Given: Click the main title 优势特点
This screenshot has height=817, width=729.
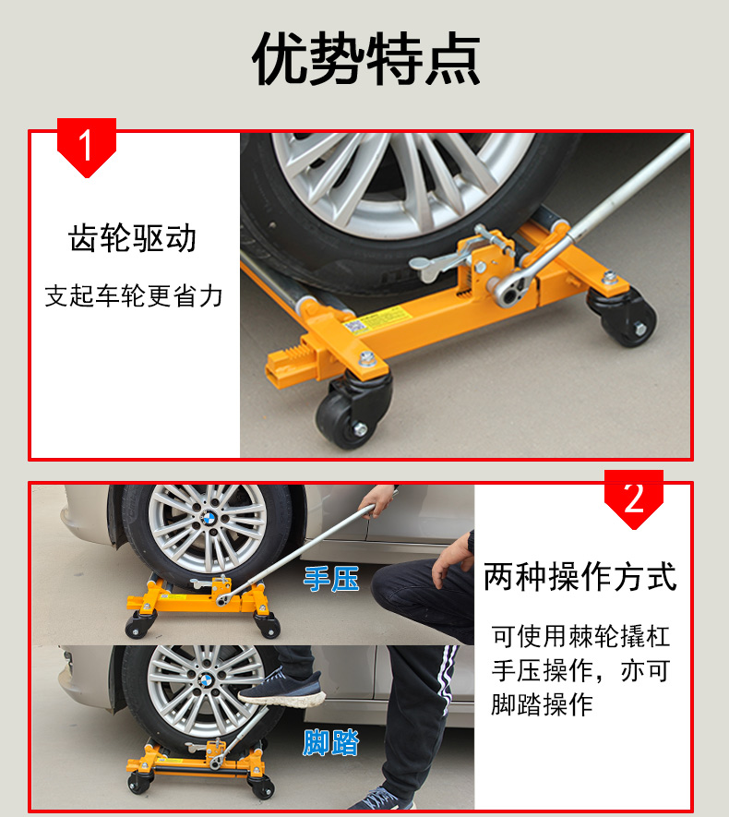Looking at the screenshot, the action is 365,58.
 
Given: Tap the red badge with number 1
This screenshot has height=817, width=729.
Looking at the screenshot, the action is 87,147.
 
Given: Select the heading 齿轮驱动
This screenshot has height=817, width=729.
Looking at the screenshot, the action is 132,238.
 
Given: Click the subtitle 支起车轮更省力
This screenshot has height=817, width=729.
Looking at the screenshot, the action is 134,296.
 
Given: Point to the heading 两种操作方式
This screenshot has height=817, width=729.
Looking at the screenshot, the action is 580,577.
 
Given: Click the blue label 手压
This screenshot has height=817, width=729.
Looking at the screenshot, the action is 331,579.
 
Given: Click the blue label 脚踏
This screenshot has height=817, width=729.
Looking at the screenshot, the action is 331,742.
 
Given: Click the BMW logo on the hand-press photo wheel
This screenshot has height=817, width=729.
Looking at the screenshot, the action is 209,518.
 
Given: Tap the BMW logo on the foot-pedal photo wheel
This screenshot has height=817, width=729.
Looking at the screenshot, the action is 207,679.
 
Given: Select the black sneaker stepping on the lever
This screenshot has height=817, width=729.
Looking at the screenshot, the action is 281,688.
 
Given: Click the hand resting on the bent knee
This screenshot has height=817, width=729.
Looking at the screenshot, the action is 453,558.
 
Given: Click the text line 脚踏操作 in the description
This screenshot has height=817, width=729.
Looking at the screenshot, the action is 542,704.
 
